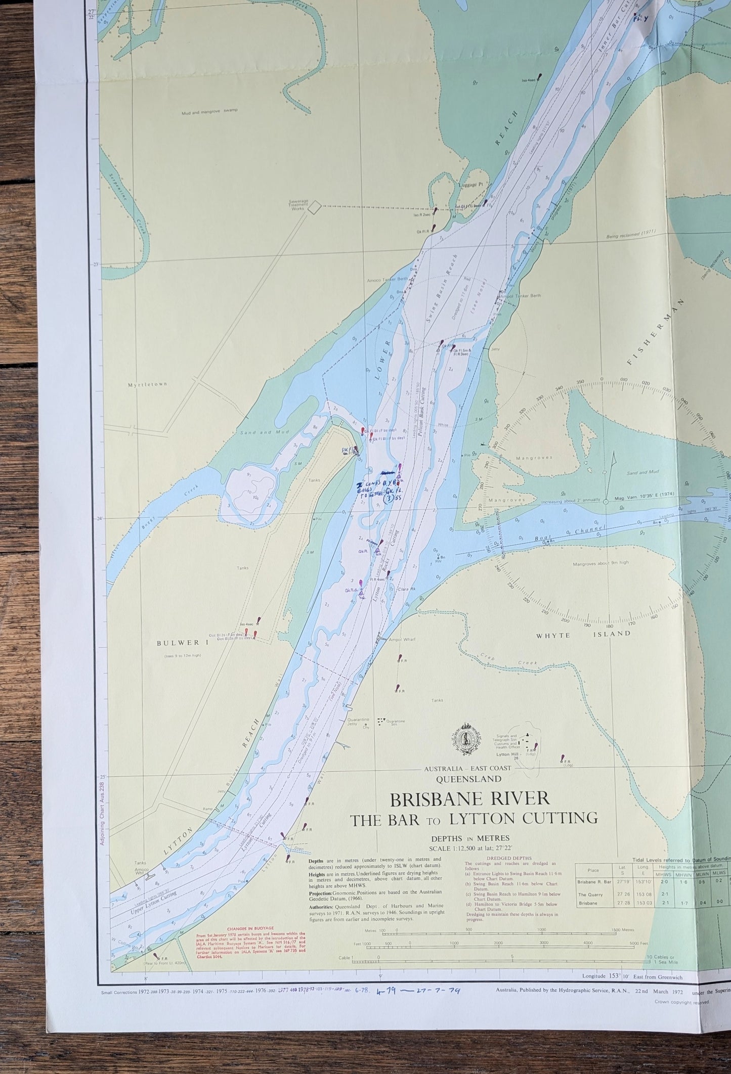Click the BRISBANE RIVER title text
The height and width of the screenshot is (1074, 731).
[x=468, y=799]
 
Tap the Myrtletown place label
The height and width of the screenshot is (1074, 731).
[x=147, y=384]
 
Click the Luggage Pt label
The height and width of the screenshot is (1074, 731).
[x=470, y=185]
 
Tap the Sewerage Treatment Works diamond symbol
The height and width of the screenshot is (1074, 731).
[x=315, y=206]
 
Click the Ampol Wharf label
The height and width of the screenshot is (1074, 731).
[x=402, y=640]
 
